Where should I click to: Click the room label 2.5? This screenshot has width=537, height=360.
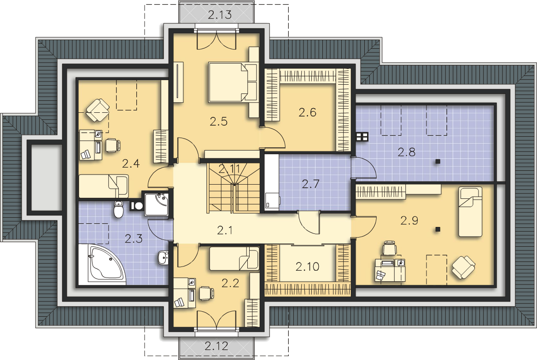pos(218,122)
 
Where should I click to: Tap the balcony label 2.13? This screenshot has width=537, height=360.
pos(220,15)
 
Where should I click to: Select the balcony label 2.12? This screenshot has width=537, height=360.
pos(216,346)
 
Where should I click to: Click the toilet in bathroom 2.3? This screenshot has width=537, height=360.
pos(118,209)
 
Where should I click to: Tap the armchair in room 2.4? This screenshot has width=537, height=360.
pos(98,110)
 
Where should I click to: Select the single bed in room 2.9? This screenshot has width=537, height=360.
pos(470,211)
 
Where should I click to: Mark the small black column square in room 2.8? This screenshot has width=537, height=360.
pos(438,162)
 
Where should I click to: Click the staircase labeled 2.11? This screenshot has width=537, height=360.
pos(233,187)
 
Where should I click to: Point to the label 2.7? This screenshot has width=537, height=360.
pos(310,184)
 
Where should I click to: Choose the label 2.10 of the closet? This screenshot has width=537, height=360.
pos(307,267)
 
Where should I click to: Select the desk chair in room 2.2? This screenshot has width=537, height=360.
pos(207,293)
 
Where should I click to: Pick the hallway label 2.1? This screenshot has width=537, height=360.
pos(225,230)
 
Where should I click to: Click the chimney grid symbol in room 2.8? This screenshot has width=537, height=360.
pos(362,137)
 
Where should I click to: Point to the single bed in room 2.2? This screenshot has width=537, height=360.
pos(234,258)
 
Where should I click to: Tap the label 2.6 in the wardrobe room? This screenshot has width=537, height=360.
pos(307,112)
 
